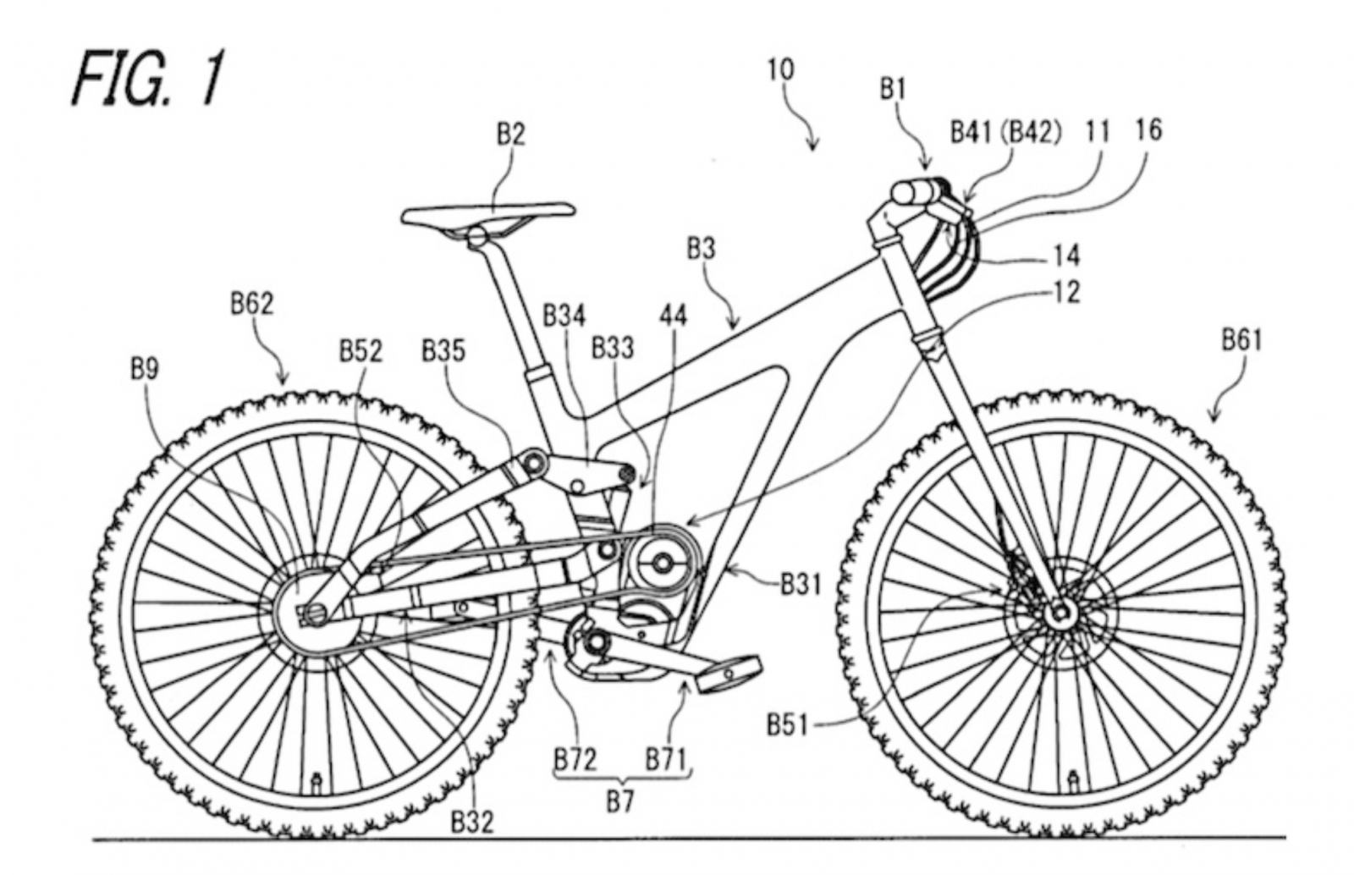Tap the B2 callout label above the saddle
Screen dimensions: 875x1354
(x=510, y=133)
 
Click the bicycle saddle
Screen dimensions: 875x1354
(x=488, y=213)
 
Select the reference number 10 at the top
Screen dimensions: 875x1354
(x=780, y=69)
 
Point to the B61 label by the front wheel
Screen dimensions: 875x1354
(x=1241, y=340)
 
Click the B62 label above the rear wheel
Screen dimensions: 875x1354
(x=252, y=304)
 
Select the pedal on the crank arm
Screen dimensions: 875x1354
(x=727, y=672)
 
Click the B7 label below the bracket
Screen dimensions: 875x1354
(x=619, y=800)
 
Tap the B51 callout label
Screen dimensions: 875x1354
(x=788, y=724)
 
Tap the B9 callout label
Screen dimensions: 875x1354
(x=144, y=369)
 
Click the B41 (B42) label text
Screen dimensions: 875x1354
(x=1004, y=132)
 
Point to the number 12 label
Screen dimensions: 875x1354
(x=1066, y=292)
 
